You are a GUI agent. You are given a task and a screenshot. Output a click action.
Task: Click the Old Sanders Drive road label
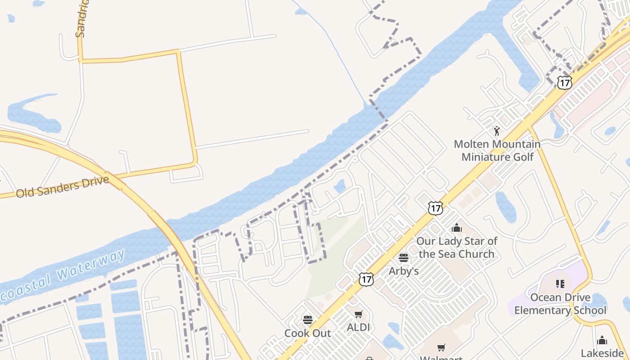(x=63, y=187)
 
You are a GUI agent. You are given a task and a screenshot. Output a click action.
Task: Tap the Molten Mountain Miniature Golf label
(x=497, y=150)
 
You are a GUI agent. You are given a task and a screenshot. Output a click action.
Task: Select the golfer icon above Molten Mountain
(x=497, y=131)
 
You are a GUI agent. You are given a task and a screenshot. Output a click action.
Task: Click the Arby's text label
(x=404, y=271)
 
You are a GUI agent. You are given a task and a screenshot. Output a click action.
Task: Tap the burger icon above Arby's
(x=404, y=258)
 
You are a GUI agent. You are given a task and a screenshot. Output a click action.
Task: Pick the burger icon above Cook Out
(x=308, y=320)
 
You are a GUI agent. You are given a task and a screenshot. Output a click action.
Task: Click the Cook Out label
(x=308, y=333)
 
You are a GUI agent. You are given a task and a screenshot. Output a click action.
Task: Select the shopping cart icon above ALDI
(x=358, y=314)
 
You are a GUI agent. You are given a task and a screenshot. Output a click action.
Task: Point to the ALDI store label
(x=358, y=328)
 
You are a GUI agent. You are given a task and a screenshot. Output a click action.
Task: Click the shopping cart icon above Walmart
(x=441, y=347)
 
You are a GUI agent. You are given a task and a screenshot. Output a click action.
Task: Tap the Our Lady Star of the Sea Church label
(x=457, y=247)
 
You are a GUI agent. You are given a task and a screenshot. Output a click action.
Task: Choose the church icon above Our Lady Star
(x=457, y=228)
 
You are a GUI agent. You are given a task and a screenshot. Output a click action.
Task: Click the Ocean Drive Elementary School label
(x=560, y=304)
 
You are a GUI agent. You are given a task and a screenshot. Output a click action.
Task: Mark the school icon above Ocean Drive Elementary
(x=560, y=284)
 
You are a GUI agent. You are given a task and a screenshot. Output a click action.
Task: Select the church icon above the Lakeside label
(x=602, y=340)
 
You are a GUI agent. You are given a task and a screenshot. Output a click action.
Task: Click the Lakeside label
(x=602, y=353)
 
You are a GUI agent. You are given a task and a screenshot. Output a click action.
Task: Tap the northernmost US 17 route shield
(x=564, y=82)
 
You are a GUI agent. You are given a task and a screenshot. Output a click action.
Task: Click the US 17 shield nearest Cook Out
(x=366, y=279)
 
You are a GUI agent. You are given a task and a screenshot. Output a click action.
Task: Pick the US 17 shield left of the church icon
(x=435, y=208)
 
